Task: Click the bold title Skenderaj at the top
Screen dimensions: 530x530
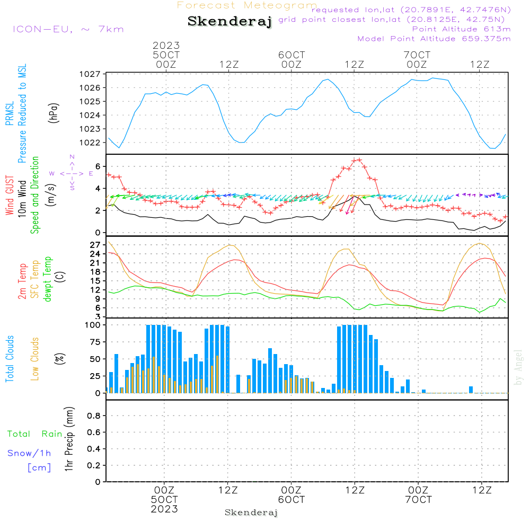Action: tap(229, 22)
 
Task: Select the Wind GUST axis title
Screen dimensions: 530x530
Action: tap(10, 195)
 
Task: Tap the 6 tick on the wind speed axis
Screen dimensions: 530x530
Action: tap(98, 166)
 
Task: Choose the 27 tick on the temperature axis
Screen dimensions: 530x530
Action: tap(95, 245)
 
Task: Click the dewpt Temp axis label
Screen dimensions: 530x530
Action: tap(48, 279)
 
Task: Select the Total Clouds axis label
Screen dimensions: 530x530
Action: tap(10, 359)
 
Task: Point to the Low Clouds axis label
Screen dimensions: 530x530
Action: tap(35, 359)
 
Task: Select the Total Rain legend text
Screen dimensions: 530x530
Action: tap(35, 434)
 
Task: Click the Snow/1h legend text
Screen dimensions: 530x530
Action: tap(30, 453)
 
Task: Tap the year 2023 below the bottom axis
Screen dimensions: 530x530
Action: tap(164, 509)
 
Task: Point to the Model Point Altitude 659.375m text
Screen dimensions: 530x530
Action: tap(434, 38)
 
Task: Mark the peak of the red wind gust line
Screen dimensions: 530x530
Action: tap(359, 159)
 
